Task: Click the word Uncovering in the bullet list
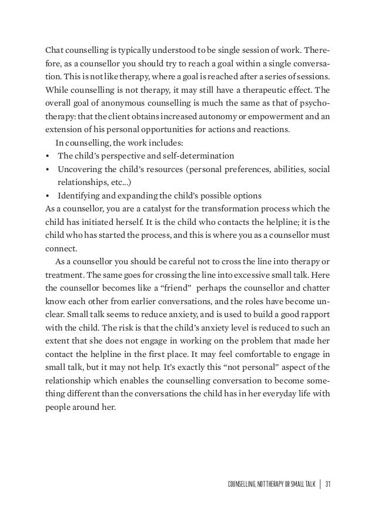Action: point(79,169)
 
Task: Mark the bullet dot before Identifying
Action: point(47,196)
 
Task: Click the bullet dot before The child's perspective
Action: point(47,156)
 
